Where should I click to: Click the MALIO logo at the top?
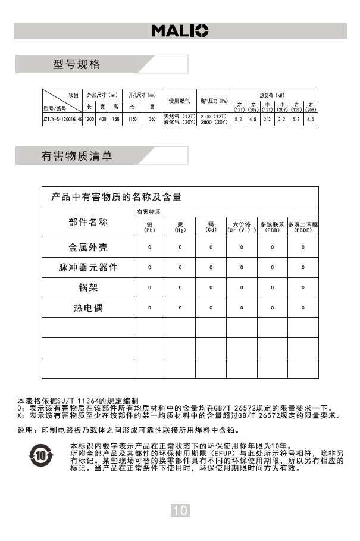180,30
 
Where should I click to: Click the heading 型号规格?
77,64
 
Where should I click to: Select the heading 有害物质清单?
77,156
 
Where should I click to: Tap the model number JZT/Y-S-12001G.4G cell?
62,120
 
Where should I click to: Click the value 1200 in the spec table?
89,120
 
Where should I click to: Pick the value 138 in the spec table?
116,120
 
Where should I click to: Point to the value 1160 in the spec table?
133,120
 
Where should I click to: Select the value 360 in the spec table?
152,120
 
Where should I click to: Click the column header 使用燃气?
179,101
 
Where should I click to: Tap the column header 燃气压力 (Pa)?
214,101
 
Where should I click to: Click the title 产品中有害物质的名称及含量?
117,197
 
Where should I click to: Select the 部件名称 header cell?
88,223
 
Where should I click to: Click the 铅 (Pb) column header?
149,227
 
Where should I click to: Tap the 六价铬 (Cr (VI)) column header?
241,227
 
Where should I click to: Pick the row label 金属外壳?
88,247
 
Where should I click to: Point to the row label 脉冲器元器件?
88,268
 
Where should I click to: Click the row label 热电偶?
88,308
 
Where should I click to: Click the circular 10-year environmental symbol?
40,455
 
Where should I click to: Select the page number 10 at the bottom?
180,509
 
